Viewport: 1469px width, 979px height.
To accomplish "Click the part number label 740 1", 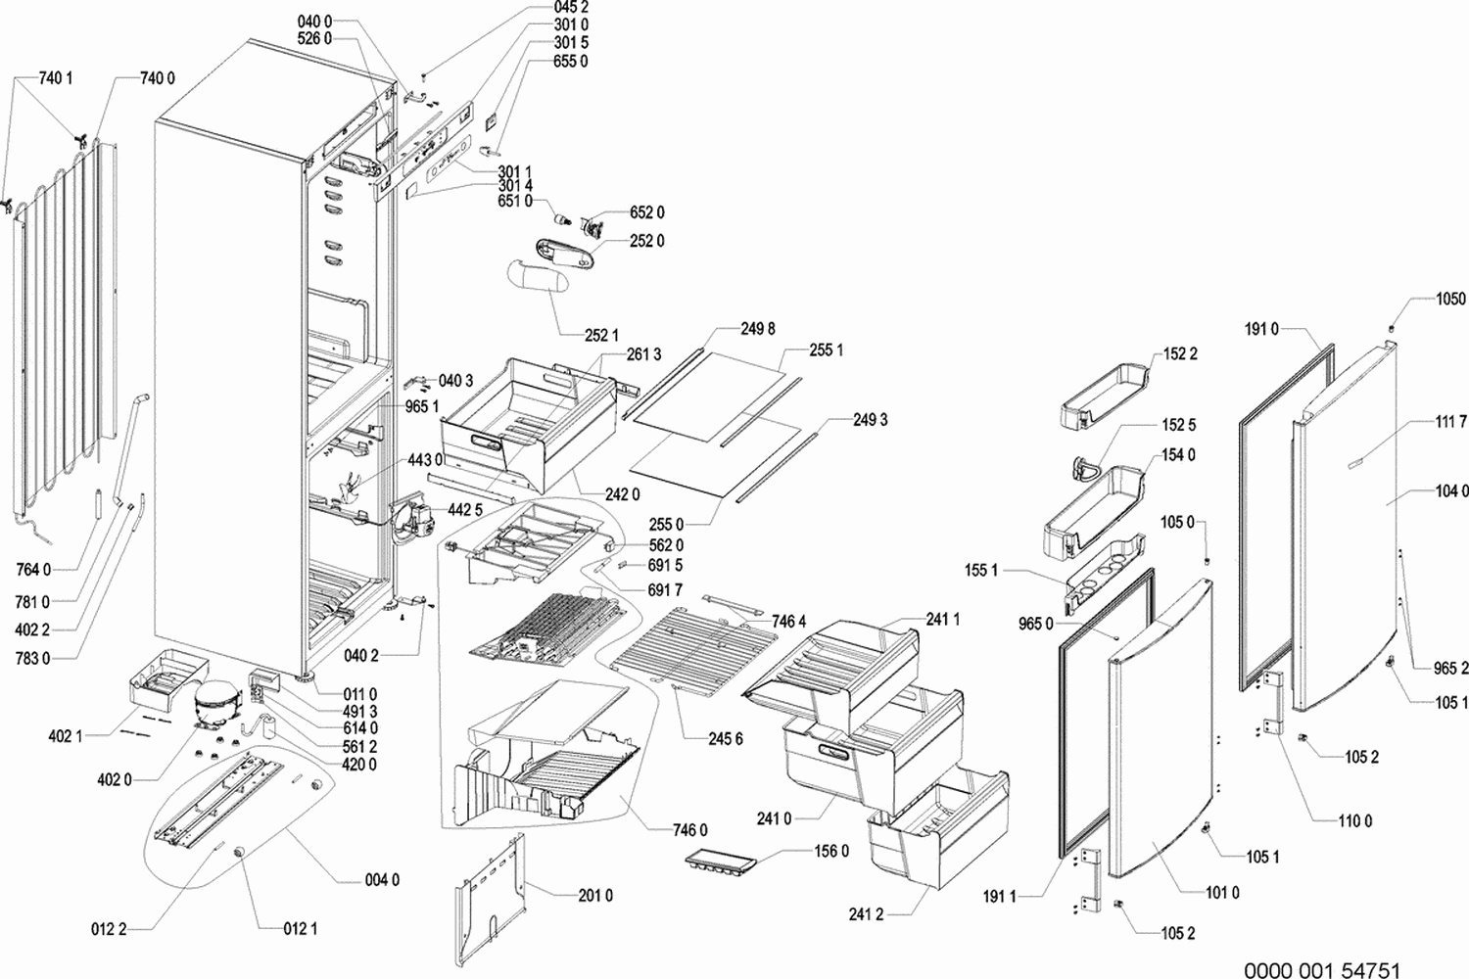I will [x=56, y=78].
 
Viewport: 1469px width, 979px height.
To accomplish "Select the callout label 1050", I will [x=1450, y=299].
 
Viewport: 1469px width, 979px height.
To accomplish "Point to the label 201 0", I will [x=594, y=895].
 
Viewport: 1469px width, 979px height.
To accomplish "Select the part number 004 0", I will [x=382, y=880].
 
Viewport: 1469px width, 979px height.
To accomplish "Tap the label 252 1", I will [x=601, y=336].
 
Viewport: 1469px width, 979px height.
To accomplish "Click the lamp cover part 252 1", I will [x=535, y=282].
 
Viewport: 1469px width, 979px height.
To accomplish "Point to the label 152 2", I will [x=1180, y=353].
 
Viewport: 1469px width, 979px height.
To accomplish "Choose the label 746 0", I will [x=689, y=830].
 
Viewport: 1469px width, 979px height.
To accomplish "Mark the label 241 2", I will [x=866, y=914].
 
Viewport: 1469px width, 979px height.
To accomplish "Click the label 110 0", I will [x=1354, y=821].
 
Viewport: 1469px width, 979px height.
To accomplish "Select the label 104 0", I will [x=1451, y=490].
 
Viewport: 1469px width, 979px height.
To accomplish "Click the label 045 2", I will [x=571, y=8].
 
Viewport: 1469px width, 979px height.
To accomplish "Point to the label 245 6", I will [x=726, y=739].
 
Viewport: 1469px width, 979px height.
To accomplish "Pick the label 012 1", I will [x=300, y=928].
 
